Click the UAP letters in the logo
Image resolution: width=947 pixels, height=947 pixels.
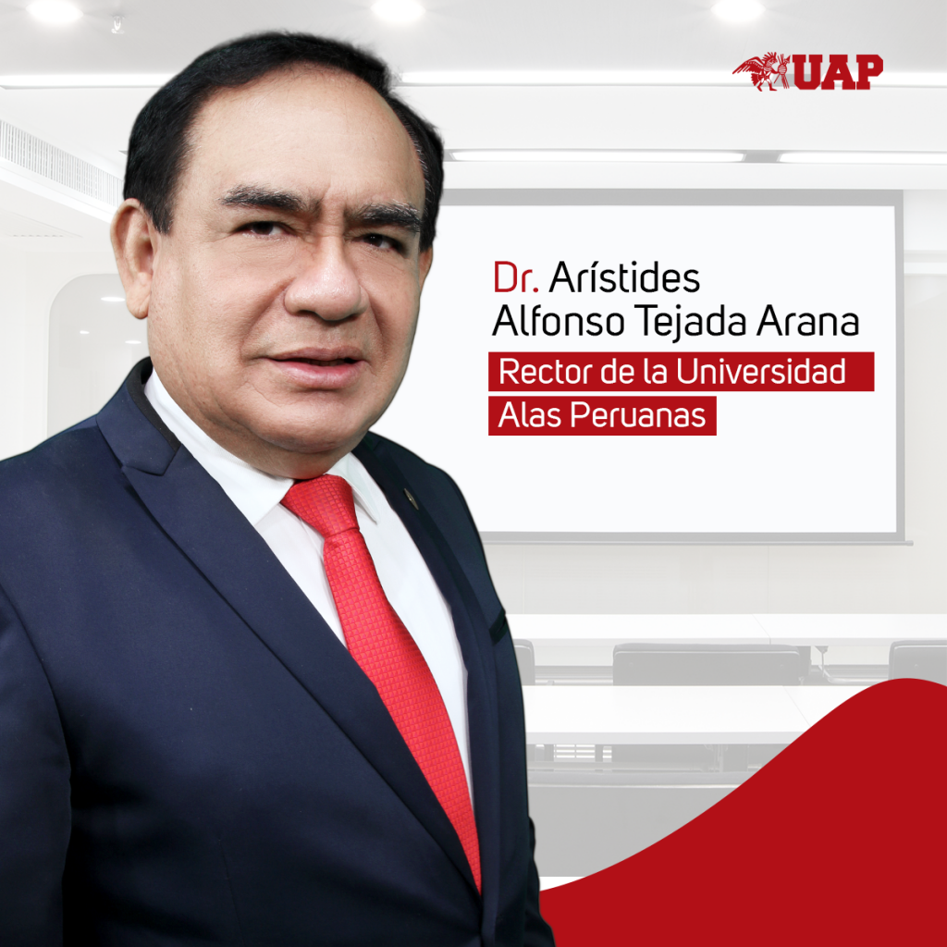(838, 72)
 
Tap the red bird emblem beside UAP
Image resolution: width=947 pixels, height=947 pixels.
(762, 71)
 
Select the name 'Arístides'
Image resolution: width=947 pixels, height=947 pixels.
(624, 277)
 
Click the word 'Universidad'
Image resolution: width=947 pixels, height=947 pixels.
(760, 371)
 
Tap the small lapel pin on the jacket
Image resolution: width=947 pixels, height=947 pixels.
(412, 498)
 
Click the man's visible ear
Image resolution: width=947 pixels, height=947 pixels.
(131, 257)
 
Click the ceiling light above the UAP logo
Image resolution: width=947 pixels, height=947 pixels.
(737, 10)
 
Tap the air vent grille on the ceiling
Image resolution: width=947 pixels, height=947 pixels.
(59, 163)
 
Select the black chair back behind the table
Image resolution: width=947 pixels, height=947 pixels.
(707, 664)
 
